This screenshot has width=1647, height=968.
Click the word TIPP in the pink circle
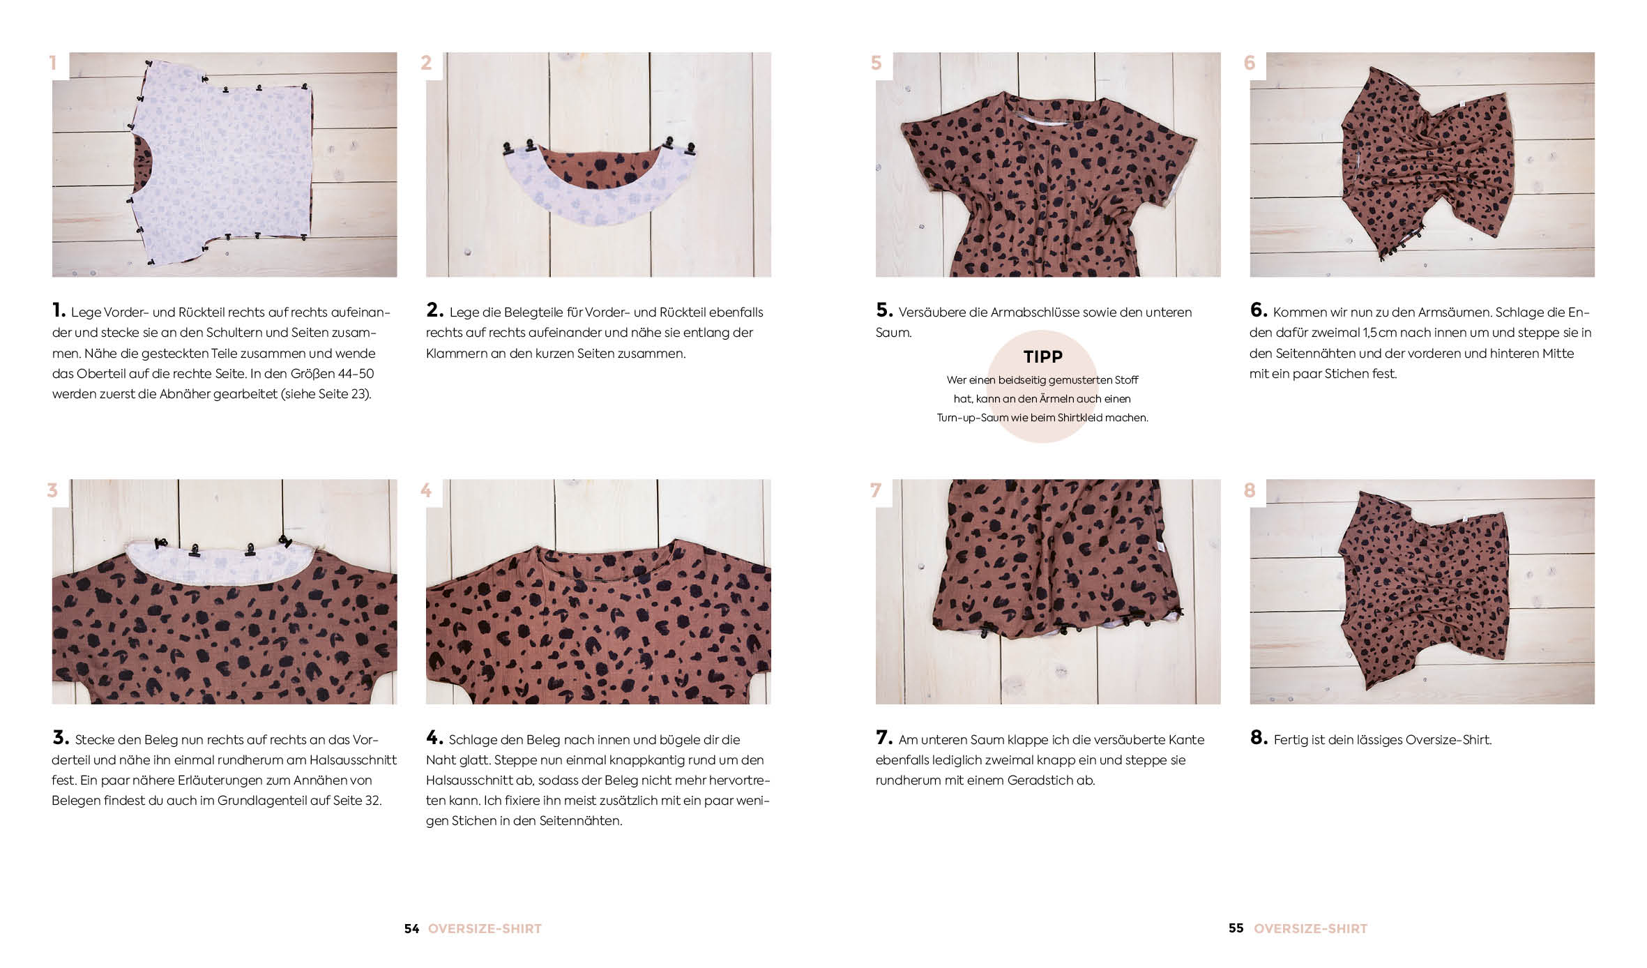(x=1042, y=356)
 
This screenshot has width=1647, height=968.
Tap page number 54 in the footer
(x=412, y=928)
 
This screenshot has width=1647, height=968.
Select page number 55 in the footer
(x=1236, y=928)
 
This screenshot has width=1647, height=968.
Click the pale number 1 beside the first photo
(x=53, y=63)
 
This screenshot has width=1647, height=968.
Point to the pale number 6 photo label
(x=1250, y=63)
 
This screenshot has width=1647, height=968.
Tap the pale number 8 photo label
(x=1250, y=490)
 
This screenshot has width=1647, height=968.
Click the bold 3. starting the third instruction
(x=61, y=737)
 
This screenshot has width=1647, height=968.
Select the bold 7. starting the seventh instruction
(x=884, y=737)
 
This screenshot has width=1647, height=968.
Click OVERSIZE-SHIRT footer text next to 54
(x=485, y=928)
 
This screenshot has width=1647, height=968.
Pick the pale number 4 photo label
(x=426, y=490)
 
